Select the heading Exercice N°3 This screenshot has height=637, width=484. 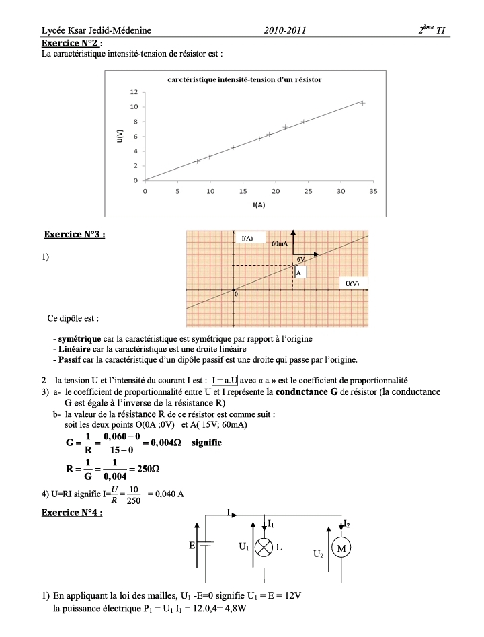coord(75,235)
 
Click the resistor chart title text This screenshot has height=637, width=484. coord(244,79)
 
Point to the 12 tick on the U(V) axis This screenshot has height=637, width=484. coord(134,92)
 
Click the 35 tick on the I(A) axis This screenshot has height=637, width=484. coord(374,191)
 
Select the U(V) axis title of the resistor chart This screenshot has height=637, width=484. coord(120,136)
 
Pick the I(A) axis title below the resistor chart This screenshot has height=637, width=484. coord(259,204)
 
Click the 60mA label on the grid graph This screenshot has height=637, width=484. coord(280,243)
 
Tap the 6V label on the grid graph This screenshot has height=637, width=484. coord(301,259)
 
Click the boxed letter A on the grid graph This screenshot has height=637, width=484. coord(300,272)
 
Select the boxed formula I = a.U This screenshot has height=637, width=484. coord(225,380)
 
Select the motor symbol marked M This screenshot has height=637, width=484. coord(341,548)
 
